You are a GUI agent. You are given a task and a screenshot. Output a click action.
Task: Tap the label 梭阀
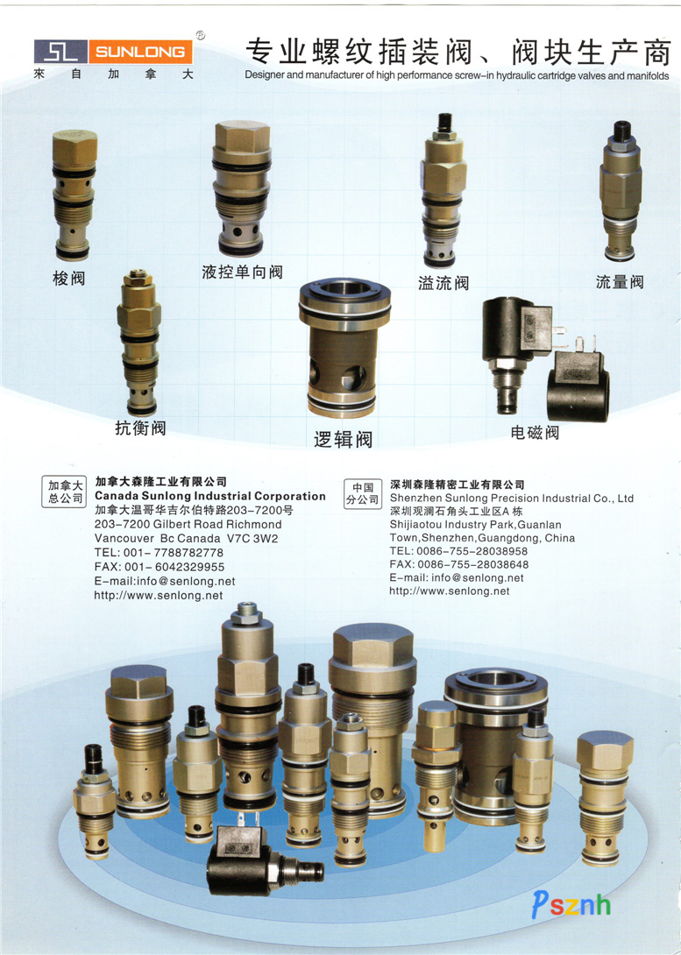point(69,279)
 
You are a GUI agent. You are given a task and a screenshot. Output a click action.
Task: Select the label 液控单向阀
point(243,272)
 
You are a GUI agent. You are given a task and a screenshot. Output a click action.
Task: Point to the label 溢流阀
point(443,283)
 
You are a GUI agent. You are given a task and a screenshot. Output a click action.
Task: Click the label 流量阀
point(620,282)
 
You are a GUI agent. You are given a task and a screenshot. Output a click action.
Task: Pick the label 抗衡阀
point(140,428)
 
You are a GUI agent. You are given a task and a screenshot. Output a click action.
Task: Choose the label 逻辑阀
point(343,439)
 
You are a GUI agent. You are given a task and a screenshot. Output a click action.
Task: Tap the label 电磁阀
point(535,433)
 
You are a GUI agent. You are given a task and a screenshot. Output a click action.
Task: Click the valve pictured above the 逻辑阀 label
point(344,349)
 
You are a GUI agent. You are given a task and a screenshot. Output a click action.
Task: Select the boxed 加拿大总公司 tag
point(66,492)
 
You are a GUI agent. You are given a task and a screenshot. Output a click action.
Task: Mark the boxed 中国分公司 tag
point(363,494)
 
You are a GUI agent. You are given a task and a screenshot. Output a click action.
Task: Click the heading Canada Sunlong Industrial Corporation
point(210,497)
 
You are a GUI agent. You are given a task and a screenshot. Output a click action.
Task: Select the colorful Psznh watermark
point(571,904)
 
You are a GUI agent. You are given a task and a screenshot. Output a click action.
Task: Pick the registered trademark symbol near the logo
point(201,35)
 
